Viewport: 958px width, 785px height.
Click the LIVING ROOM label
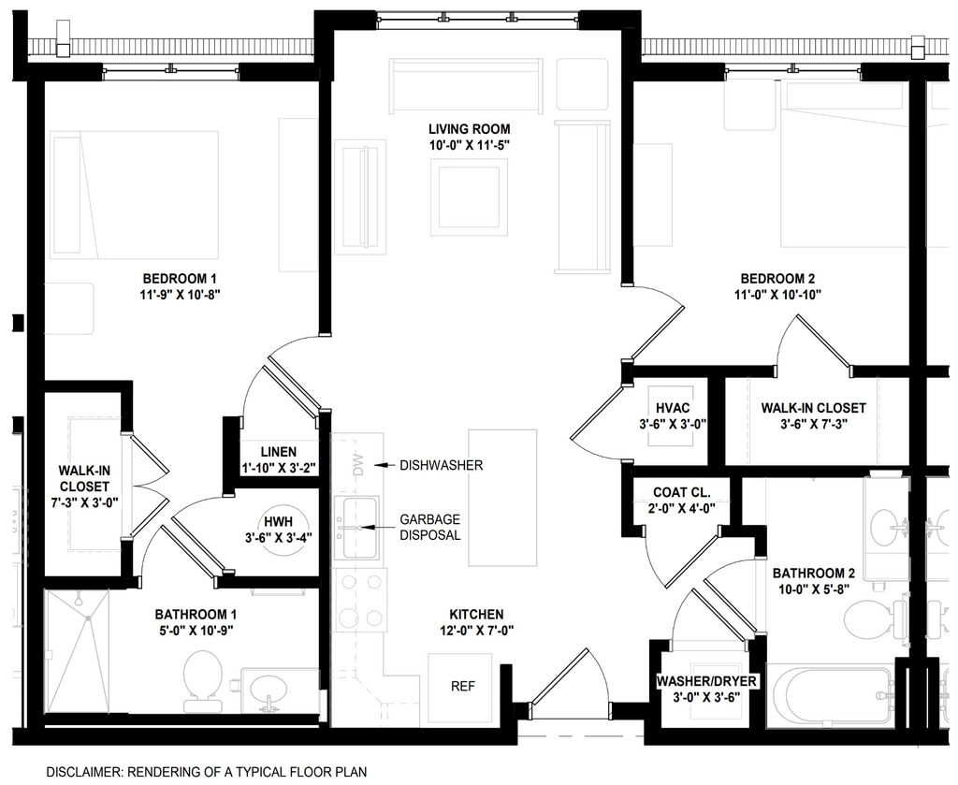[x=470, y=129]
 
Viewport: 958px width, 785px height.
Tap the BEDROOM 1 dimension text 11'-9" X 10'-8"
[x=180, y=295]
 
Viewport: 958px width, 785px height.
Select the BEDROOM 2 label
[x=777, y=279]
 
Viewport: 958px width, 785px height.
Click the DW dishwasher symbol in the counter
[x=357, y=464]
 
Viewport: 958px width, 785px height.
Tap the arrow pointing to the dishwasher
[x=385, y=466]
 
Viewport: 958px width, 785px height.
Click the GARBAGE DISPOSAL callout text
[x=430, y=527]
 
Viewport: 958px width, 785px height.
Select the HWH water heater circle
[x=286, y=529]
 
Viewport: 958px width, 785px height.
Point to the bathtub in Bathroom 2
[x=831, y=695]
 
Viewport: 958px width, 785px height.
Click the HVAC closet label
[x=673, y=408]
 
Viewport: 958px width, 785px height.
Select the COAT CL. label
[x=682, y=492]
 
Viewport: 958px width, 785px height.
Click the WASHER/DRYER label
[x=706, y=681]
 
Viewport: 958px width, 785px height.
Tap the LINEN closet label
[x=279, y=452]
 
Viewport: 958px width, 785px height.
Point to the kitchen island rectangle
[x=502, y=498]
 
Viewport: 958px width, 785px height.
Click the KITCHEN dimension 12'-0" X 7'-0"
[x=476, y=631]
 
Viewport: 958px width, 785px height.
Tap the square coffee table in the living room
[x=469, y=196]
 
